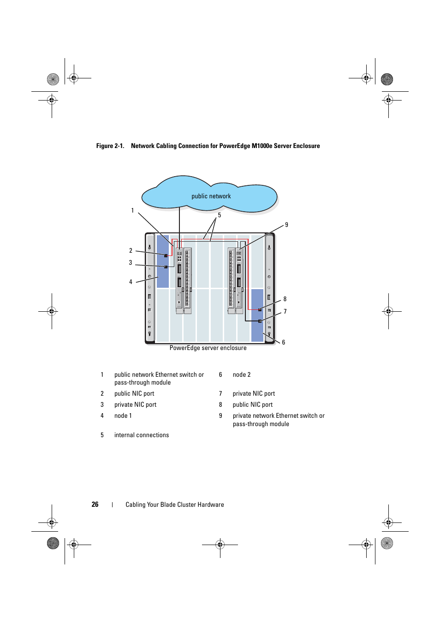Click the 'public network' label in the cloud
pyautogui.click(x=211, y=196)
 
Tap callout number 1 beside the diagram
pyautogui.click(x=132, y=210)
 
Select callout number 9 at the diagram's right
pyautogui.click(x=286, y=225)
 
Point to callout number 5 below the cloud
pyautogui.click(x=220, y=215)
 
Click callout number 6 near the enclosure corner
pyautogui.click(x=284, y=342)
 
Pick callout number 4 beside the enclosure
pyautogui.click(x=131, y=282)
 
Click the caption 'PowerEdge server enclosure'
pyautogui.click(x=208, y=348)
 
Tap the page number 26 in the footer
pyautogui.click(x=95, y=504)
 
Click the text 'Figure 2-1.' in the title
pyautogui.click(x=110, y=146)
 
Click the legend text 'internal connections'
pyautogui.click(x=142, y=435)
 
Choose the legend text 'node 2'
pyautogui.click(x=242, y=374)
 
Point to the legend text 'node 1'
pyautogui.click(x=123, y=415)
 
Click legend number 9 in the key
pyautogui.click(x=220, y=415)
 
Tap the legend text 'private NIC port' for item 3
pyautogui.click(x=135, y=404)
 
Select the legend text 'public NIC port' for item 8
pyautogui.click(x=253, y=404)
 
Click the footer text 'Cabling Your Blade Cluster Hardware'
pyautogui.click(x=175, y=504)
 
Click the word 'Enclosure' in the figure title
pyautogui.click(x=306, y=146)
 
